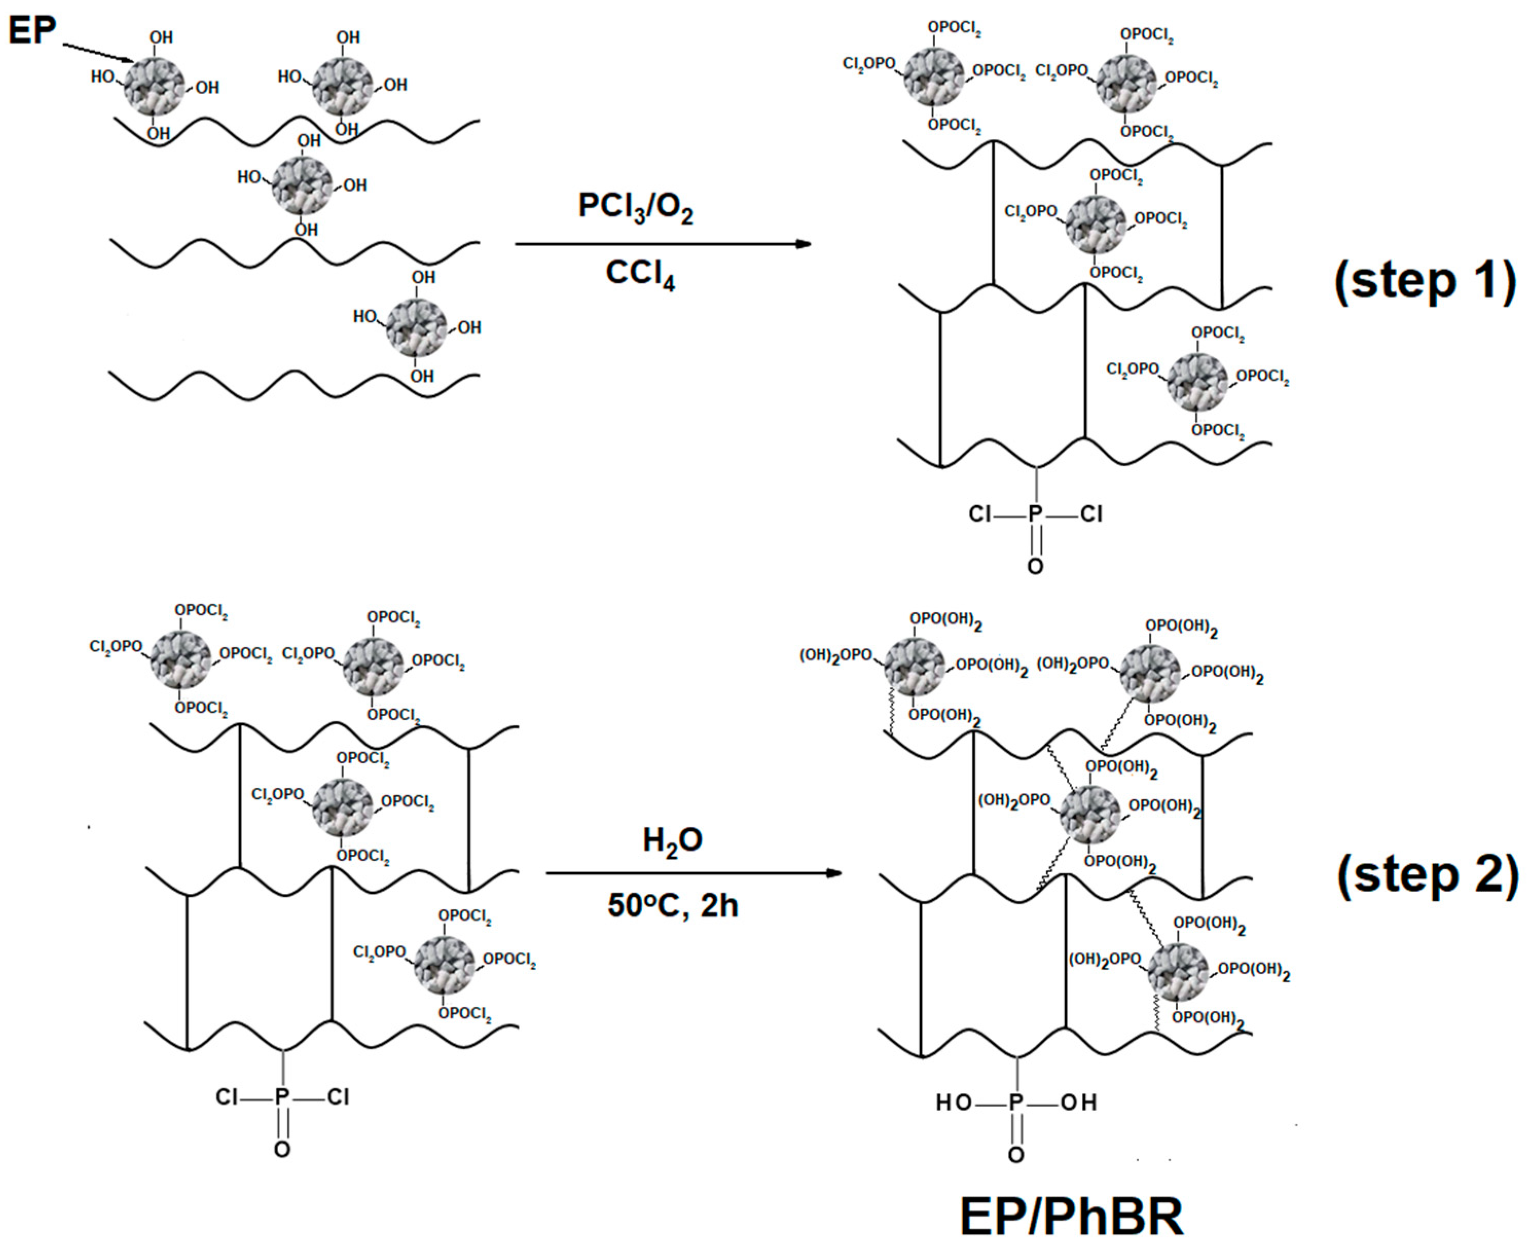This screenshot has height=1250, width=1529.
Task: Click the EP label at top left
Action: (32, 31)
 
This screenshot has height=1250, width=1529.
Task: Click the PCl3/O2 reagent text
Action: (635, 207)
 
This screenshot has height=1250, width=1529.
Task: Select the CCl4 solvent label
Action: (640, 274)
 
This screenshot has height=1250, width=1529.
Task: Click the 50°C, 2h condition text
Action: (672, 905)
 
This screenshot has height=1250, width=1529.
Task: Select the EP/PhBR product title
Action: (1071, 1217)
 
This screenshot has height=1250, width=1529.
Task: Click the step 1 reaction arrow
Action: (663, 244)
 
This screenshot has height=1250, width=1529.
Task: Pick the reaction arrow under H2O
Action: (694, 873)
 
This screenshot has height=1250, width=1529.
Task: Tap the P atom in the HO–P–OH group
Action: (1015, 1102)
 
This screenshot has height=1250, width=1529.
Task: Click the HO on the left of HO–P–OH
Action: (954, 1102)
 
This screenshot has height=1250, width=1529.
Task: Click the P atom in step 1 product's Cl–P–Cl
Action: (1035, 514)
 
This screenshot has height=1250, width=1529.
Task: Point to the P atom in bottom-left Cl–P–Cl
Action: (282, 1097)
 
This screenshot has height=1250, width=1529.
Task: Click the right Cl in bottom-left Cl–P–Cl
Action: (338, 1097)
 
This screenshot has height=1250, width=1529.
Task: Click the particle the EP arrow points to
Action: (154, 85)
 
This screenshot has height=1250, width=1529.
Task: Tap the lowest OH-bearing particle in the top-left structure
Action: (416, 327)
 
